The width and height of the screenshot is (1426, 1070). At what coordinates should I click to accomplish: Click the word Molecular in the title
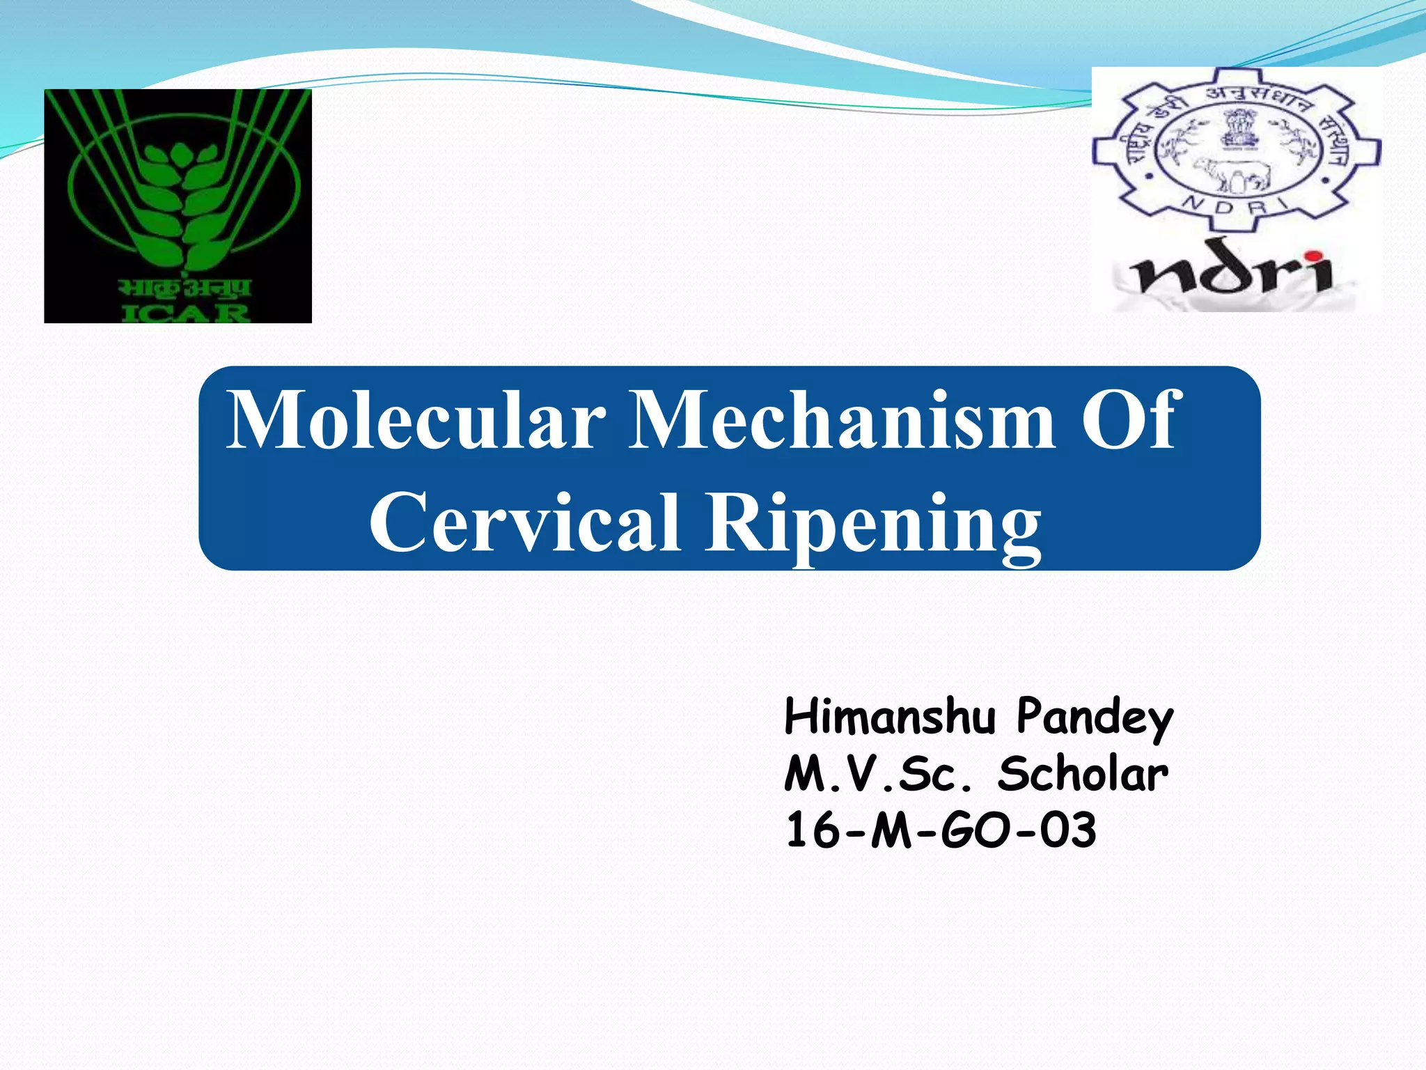(x=416, y=421)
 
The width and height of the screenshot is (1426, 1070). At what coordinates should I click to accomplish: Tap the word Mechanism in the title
(x=841, y=421)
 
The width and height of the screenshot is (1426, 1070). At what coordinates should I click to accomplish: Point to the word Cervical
(x=524, y=522)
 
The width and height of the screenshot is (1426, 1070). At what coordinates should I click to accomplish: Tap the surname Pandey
(x=1095, y=718)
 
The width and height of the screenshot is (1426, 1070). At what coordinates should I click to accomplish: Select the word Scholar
(x=1083, y=775)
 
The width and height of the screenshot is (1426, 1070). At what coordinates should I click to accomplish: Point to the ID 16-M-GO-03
(x=941, y=831)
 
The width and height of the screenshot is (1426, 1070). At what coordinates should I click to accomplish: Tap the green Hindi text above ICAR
(x=184, y=288)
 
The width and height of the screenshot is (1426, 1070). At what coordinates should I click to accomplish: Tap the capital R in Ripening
(x=737, y=522)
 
